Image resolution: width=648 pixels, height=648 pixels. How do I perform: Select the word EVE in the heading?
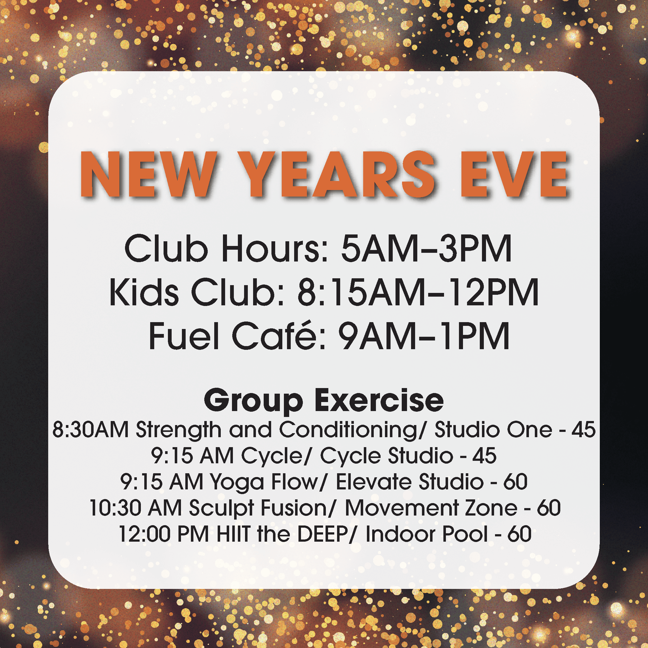pos(515,174)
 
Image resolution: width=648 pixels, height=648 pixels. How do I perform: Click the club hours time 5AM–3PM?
pos(426,248)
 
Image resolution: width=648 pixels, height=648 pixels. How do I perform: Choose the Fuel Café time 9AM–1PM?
pos(424,336)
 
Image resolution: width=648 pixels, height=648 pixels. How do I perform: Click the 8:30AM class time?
pos(90,430)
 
